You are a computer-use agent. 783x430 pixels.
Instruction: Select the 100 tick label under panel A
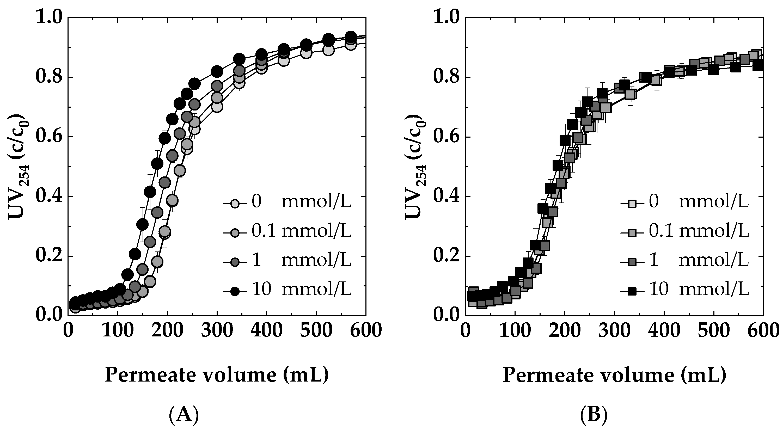tap(117, 330)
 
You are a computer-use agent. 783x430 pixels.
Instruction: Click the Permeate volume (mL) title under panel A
tap(217, 375)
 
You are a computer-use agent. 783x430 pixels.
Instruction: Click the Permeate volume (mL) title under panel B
tap(614, 375)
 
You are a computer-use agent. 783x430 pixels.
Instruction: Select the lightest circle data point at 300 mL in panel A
tap(217, 107)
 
